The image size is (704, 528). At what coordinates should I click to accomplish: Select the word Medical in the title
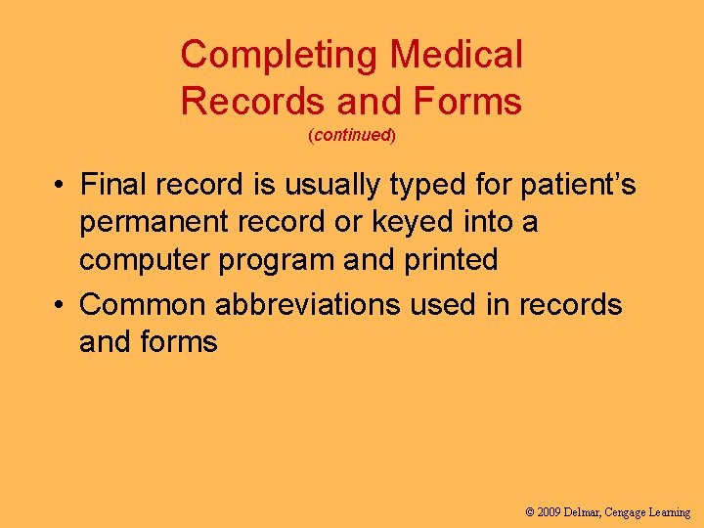pyautogui.click(x=457, y=55)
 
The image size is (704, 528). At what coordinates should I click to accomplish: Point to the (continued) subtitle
pyautogui.click(x=352, y=136)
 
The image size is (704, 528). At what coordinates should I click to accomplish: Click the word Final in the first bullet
pyautogui.click(x=112, y=184)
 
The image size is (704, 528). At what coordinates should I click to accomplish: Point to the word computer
pyautogui.click(x=146, y=261)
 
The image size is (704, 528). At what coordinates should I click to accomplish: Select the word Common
pyautogui.click(x=142, y=304)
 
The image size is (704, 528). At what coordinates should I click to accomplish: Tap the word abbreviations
pyautogui.click(x=307, y=304)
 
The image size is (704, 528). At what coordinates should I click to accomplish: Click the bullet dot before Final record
pyautogui.click(x=61, y=185)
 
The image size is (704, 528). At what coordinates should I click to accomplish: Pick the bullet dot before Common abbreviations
pyautogui.click(x=61, y=305)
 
